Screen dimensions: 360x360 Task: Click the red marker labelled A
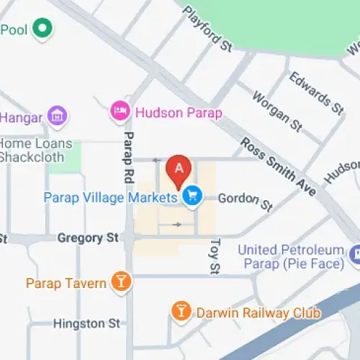[179, 170]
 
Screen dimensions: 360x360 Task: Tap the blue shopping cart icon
[192, 196]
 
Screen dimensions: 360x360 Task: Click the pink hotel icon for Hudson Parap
[119, 112]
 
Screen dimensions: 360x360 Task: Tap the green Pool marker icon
[43, 29]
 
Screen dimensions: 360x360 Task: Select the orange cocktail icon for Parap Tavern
[122, 282]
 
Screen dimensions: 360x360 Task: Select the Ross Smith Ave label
[279, 167]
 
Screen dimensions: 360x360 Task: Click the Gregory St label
[87, 237]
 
